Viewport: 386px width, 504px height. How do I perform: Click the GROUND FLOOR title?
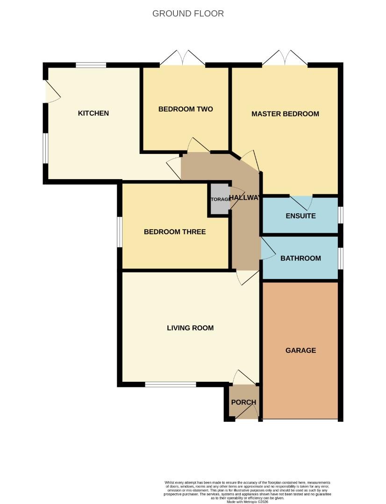[x=188, y=14]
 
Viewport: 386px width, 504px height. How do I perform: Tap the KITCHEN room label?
[x=93, y=113]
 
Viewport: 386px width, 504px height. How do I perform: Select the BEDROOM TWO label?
[x=186, y=109]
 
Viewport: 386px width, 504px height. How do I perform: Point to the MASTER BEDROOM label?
[x=285, y=114]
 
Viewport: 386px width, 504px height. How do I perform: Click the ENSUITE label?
[x=300, y=216]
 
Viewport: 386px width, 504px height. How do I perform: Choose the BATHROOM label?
[x=300, y=258]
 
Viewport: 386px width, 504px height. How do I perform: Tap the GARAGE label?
[x=300, y=350]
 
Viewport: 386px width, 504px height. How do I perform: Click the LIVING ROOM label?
[x=190, y=328]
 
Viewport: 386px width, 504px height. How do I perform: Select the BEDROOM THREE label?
[x=175, y=232]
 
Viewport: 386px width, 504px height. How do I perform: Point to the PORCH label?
[x=243, y=402]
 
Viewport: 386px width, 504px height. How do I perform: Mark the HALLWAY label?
[x=244, y=198]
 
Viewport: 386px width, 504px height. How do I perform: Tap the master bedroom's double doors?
[x=285, y=58]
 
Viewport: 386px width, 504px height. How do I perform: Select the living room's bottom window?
[x=170, y=385]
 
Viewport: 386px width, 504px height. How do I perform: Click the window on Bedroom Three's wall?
[x=120, y=232]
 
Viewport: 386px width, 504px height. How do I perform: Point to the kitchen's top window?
[x=91, y=65]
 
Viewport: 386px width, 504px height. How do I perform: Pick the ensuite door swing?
[x=300, y=203]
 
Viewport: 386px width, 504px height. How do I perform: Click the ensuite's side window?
[x=340, y=215]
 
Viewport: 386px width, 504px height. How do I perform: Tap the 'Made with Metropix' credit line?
[x=247, y=502]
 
